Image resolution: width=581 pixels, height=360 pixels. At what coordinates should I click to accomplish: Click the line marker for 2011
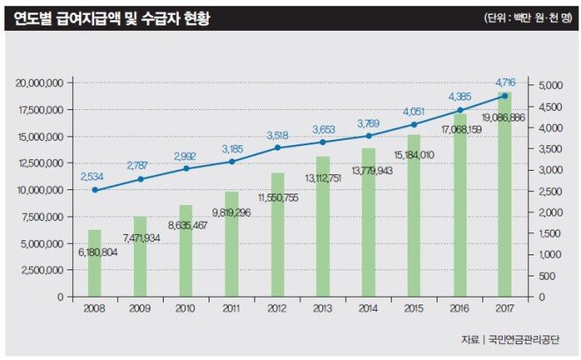[x=232, y=162]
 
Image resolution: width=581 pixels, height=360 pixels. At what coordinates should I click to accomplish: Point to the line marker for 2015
[x=414, y=124]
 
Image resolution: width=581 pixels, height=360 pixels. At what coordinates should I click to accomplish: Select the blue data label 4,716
[x=505, y=82]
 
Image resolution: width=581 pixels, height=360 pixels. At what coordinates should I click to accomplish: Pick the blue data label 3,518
[x=277, y=135]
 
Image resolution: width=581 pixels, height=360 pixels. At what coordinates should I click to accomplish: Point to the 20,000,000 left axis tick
[x=39, y=84]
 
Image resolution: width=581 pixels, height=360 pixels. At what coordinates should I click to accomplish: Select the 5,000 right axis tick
[x=547, y=85]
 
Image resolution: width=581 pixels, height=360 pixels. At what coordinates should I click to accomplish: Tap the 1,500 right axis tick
[x=547, y=233]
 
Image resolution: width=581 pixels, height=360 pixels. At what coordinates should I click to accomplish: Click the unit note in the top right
[x=528, y=18]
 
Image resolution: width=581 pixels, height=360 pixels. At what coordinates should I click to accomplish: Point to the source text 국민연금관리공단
[x=529, y=340]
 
